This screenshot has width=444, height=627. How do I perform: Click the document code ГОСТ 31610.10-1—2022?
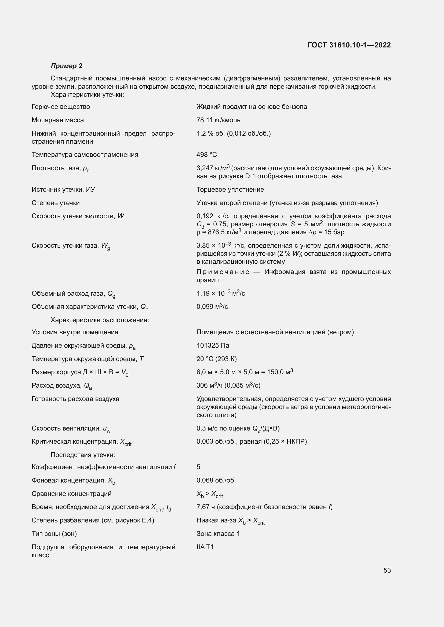[349, 45]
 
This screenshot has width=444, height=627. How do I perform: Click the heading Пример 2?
[66, 66]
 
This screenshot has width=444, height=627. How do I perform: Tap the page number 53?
[387, 570]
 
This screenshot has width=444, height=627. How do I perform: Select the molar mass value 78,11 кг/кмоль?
[218, 120]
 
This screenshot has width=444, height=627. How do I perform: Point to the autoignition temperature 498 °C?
[206, 155]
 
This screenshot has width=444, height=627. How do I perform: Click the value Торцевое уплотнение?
[230, 190]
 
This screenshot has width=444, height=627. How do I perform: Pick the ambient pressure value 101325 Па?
[213, 346]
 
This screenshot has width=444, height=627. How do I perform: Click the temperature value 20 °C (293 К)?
[216, 359]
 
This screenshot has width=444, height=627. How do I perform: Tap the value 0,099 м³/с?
[212, 307]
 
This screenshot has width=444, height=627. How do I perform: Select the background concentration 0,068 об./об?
[216, 480]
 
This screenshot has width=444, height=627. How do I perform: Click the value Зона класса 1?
[218, 534]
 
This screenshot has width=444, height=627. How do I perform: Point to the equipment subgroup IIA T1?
[205, 547]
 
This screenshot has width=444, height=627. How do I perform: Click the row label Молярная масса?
[58, 120]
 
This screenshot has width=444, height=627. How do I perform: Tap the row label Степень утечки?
[56, 203]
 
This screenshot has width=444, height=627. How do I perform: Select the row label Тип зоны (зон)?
[54, 534]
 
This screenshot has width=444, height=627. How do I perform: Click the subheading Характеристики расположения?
[100, 320]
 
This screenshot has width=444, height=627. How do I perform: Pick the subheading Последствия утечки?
[83, 455]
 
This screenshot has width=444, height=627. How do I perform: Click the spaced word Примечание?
[223, 272]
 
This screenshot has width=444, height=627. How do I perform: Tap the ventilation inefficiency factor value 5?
[198, 467]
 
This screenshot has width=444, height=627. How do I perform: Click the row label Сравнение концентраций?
[71, 494]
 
